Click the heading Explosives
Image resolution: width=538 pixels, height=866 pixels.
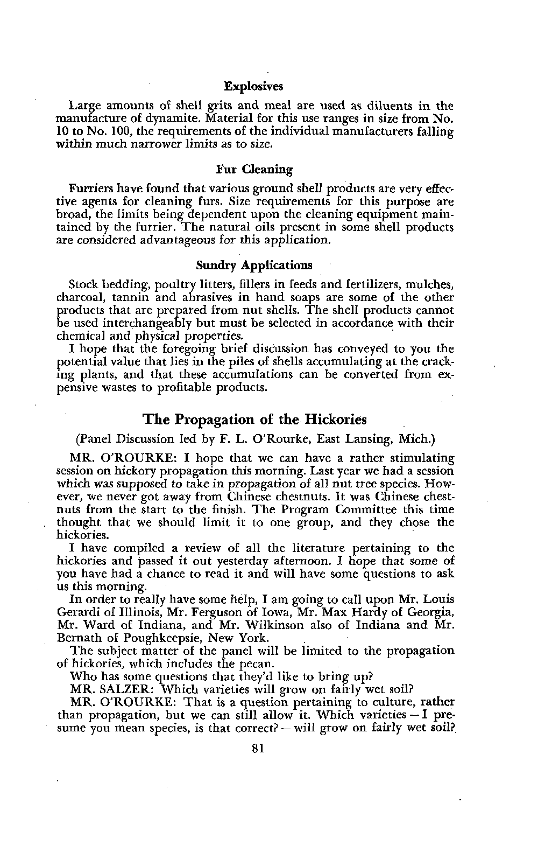253,86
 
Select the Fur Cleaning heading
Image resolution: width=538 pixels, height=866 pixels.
254,170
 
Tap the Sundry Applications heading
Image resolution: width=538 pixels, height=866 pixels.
254,265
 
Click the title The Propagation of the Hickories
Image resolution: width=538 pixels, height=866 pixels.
254,419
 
